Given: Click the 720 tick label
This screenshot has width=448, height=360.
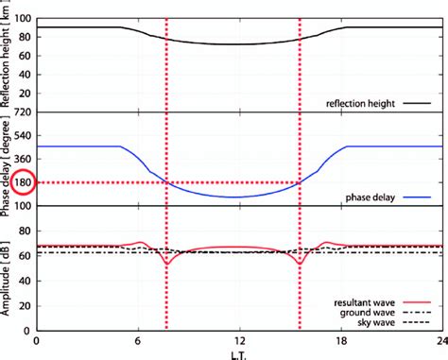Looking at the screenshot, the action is pyautogui.click(x=23, y=112).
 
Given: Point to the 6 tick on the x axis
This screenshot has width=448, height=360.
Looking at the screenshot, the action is pyautogui.click(x=138, y=340).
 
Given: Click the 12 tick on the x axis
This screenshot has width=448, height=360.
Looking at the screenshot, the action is pyautogui.click(x=240, y=340).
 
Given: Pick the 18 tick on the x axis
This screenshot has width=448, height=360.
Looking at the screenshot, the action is pyautogui.click(x=341, y=340).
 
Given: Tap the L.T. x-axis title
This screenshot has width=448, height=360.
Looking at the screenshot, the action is pyautogui.click(x=239, y=356).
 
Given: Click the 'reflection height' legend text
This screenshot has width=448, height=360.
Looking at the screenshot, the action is pyautogui.click(x=360, y=103).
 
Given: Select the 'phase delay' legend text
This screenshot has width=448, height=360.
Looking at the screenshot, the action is pyautogui.click(x=370, y=197).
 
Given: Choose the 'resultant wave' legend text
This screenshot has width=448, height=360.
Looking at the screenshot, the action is pyautogui.click(x=364, y=302).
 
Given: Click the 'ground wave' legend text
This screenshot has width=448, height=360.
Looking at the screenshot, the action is pyautogui.click(x=367, y=313).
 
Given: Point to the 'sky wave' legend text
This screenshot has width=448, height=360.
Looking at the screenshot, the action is pyautogui.click(x=376, y=322).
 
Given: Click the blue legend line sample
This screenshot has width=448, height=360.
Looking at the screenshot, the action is pyautogui.click(x=417, y=197).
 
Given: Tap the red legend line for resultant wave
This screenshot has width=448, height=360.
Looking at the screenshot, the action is pyautogui.click(x=417, y=302).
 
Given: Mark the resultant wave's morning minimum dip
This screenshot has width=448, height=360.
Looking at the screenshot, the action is pyautogui.click(x=167, y=264).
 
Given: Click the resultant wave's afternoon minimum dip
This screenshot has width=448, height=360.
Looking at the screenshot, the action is pyautogui.click(x=300, y=264).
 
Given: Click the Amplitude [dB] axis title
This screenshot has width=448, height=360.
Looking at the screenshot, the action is pyautogui.click(x=5, y=279).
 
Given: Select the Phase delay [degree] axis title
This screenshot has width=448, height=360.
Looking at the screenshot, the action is pyautogui.click(x=5, y=164).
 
